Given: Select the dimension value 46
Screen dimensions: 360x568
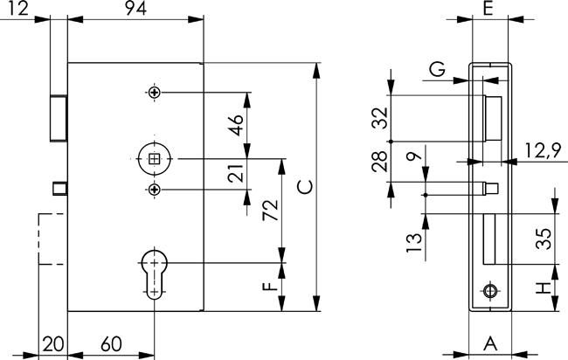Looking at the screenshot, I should [234, 126].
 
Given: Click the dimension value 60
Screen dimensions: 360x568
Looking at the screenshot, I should [111, 343].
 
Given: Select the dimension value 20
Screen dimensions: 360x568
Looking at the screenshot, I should [52, 343].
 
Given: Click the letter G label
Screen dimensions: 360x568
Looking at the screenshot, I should [438, 70].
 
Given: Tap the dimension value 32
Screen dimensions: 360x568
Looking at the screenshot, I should [379, 118].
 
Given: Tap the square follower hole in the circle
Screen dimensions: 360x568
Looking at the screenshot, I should [154, 158].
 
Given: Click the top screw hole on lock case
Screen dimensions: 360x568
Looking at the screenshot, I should [154, 93].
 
